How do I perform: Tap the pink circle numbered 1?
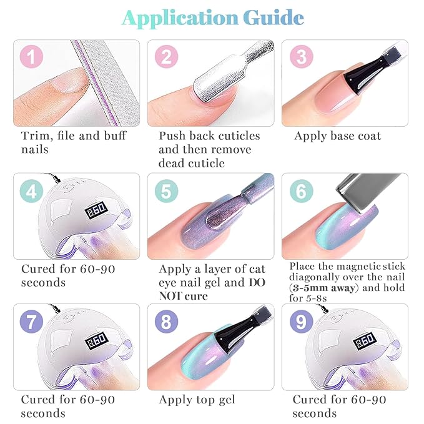point(31,58)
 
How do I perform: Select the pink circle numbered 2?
point(165,58)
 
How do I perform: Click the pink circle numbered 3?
point(301,58)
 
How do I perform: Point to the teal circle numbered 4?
point(31,191)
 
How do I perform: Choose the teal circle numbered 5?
point(165,191)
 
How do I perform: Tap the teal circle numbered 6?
point(301,191)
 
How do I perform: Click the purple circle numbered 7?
point(31,323)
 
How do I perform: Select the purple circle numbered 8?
point(165,323)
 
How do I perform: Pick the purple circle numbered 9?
point(301,323)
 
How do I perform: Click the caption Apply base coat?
point(337,136)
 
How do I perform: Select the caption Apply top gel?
point(197,400)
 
